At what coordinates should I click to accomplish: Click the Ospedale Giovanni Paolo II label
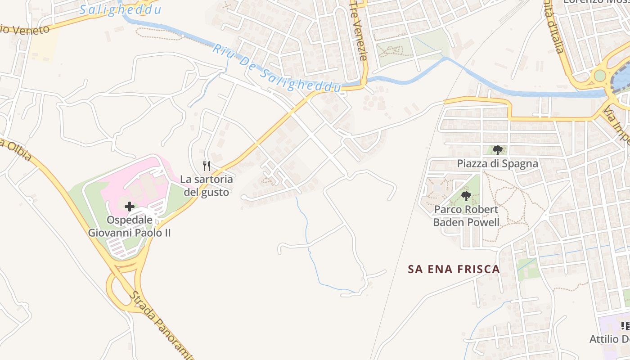click(x=129, y=226)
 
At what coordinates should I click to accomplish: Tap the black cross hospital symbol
click(x=130, y=207)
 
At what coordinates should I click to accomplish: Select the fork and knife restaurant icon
click(x=207, y=166)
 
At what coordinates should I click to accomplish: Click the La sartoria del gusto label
click(x=207, y=186)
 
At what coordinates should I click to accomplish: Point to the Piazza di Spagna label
click(x=497, y=163)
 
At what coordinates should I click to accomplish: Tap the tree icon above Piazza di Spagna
click(x=497, y=150)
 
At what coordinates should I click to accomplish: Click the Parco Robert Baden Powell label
click(x=466, y=216)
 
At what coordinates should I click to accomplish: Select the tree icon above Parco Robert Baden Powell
click(x=466, y=196)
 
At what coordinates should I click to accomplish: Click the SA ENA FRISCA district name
click(x=454, y=269)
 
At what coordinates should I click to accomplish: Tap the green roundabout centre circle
click(x=600, y=76)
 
